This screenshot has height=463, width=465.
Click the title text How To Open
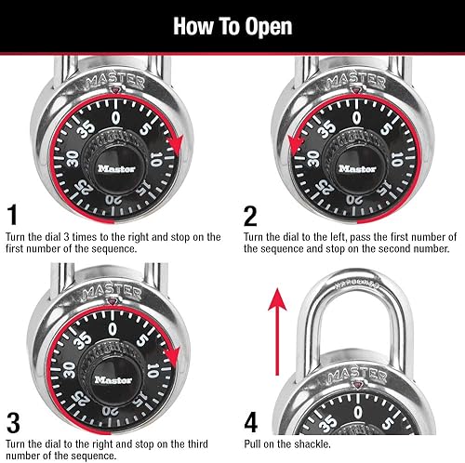tap(232, 25)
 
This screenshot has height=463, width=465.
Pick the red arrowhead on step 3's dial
tap(178, 359)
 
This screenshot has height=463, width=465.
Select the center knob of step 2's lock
tap(357, 168)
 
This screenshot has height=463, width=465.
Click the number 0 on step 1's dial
tap(113, 118)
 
